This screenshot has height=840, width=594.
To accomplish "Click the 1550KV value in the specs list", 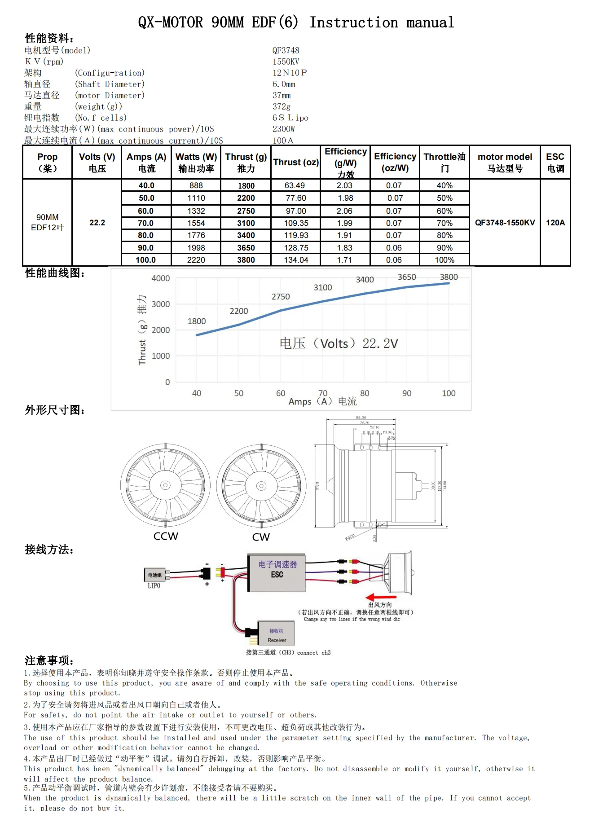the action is (286, 62).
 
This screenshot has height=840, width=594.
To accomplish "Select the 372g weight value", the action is (282, 106).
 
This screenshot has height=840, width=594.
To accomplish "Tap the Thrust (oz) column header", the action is (296, 162).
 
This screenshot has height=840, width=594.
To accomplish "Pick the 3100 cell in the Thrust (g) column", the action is (246, 223).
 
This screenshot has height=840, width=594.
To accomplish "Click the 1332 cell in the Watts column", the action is (196, 211).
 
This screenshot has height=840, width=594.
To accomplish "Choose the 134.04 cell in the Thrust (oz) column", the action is (296, 260).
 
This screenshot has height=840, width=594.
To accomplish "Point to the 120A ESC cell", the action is (555, 223).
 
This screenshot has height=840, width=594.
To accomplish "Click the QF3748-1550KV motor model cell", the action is (505, 223).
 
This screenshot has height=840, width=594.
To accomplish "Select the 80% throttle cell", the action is (444, 235).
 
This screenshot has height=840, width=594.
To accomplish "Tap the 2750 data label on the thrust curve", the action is (281, 297).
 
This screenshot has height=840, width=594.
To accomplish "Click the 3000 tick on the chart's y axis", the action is (161, 304).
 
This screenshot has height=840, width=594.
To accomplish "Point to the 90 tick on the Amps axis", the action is (407, 393).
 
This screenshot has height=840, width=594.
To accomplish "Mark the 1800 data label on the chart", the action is (197, 321).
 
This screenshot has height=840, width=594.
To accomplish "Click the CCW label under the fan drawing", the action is (166, 537).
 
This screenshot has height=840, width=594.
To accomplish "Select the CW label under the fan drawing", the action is (261, 537).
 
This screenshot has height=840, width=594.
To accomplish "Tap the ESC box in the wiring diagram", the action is (277, 572).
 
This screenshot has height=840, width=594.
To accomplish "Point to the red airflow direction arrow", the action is (381, 598).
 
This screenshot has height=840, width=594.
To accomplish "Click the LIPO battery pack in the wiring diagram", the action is (155, 576).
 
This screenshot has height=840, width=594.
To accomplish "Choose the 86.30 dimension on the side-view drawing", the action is (361, 418).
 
